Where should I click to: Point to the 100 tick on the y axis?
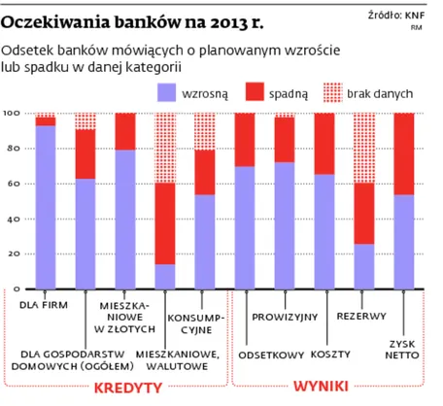click(13, 115)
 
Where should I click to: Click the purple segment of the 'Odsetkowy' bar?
click(245, 227)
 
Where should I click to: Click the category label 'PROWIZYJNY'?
click(280, 317)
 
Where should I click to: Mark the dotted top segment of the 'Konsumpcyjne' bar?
click(205, 131)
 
